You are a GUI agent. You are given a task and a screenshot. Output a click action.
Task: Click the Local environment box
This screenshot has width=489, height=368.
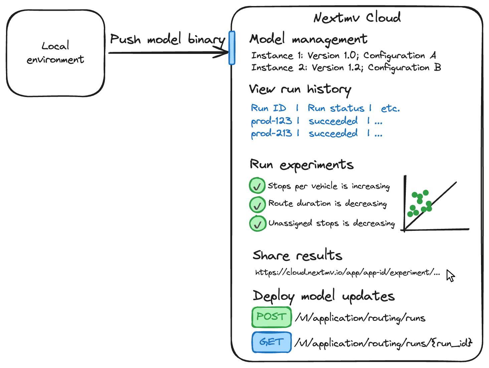(55, 53)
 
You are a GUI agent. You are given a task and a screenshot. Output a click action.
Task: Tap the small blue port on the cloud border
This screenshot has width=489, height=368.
(232, 48)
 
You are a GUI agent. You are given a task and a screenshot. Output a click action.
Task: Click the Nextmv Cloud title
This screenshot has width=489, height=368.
(357, 17)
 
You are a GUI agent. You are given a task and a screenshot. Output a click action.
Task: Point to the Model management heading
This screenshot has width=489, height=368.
(308, 39)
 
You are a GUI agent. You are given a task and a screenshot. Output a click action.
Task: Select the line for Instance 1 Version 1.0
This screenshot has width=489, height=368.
(344, 56)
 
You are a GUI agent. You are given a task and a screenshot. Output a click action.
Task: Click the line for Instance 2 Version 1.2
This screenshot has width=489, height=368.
(346, 68)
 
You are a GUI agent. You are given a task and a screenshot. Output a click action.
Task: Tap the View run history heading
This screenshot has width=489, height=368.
(300, 89)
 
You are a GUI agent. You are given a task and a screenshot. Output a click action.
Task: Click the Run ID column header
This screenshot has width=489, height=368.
(269, 108)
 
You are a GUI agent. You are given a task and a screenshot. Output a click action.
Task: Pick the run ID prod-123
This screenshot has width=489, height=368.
(272, 121)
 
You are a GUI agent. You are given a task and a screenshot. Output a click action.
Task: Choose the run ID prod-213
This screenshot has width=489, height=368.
(272, 133)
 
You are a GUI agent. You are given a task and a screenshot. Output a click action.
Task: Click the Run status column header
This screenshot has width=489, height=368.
(336, 108)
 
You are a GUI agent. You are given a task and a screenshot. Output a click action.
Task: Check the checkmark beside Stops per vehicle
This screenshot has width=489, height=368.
(257, 186)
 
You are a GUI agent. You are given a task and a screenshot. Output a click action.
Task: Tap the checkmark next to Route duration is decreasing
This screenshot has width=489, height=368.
(257, 205)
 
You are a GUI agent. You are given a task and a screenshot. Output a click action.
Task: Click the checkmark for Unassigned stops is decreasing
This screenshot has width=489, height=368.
(258, 224)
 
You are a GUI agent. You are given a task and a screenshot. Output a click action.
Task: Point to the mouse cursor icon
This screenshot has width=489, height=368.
(451, 276)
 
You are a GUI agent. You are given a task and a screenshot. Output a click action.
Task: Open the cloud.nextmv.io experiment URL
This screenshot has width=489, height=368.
(347, 273)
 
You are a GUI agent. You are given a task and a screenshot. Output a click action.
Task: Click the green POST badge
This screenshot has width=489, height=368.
(272, 317)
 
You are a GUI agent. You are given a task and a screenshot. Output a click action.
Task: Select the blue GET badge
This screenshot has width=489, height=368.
(272, 342)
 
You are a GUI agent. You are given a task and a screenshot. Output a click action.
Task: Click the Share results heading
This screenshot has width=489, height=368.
(297, 256)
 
